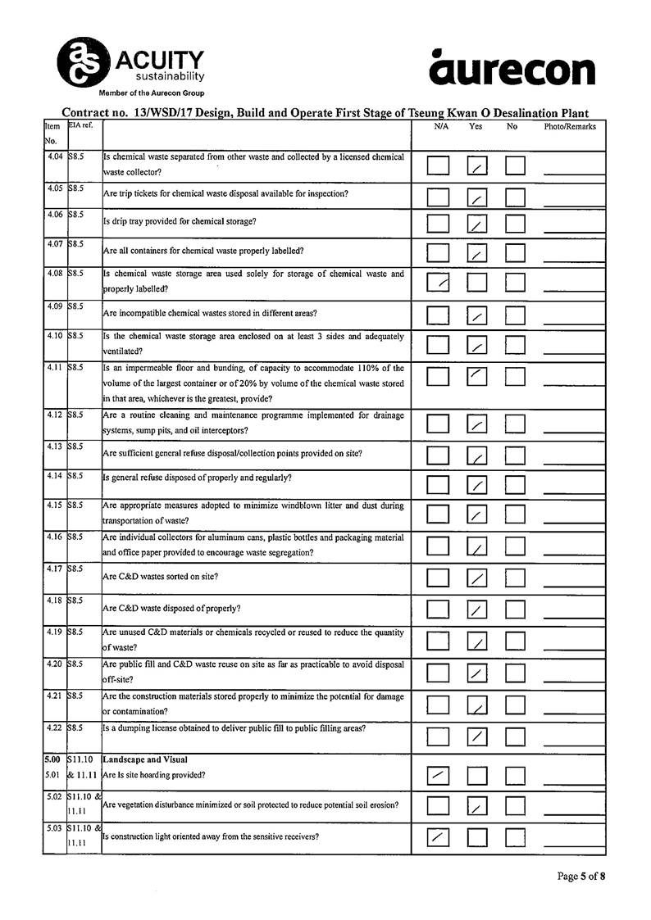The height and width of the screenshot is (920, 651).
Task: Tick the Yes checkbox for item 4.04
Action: coord(477,166)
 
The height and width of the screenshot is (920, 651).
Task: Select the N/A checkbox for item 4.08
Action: coord(439,283)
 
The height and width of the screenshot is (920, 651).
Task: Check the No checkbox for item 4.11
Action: coord(515,376)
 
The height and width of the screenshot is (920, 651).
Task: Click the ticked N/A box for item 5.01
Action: coord(439,774)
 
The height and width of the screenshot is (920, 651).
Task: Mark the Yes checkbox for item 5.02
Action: coord(477,807)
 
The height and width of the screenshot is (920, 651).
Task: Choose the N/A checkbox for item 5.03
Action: coord(439,837)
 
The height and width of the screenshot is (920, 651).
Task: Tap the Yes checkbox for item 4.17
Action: coord(477,578)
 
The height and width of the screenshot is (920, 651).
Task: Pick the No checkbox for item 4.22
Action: coord(515,736)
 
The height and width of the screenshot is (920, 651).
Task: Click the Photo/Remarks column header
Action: coord(570,127)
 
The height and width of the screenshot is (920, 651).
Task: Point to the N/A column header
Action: coord(441,127)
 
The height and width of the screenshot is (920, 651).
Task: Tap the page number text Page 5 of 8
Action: coord(581,876)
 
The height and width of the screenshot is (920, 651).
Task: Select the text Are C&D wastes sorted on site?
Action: coord(160,577)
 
